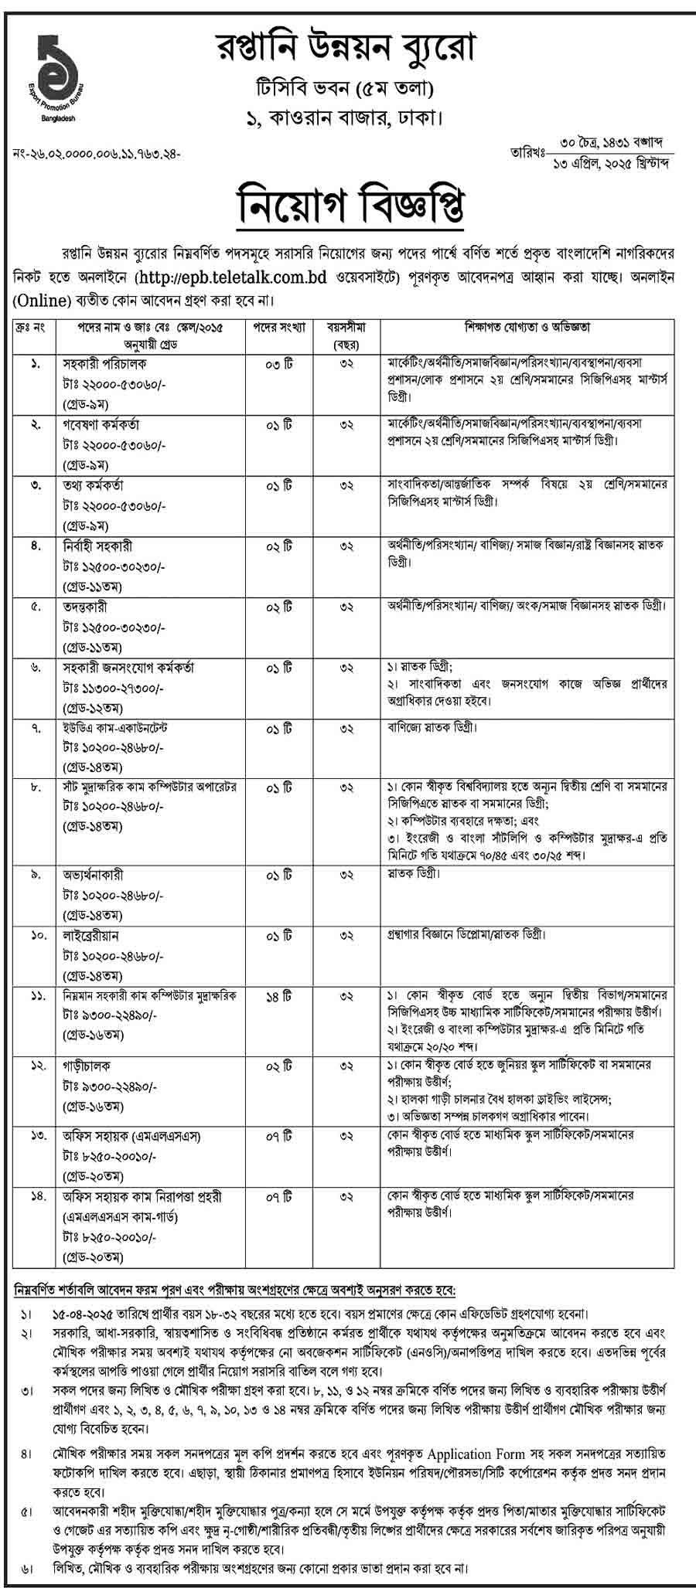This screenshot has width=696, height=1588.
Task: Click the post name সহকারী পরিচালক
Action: pos(104,363)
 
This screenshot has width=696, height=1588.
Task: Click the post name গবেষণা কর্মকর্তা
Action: pos(101,424)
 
